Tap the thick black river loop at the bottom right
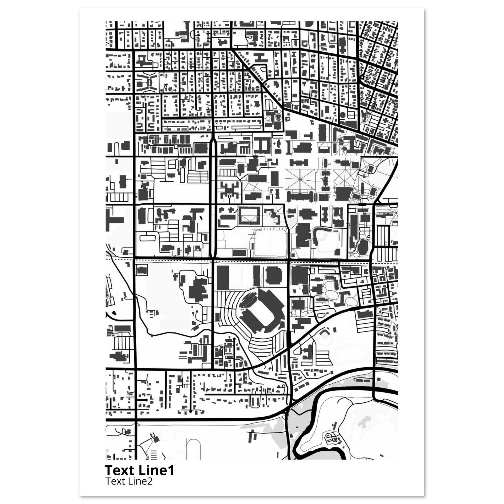tap(313, 423)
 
